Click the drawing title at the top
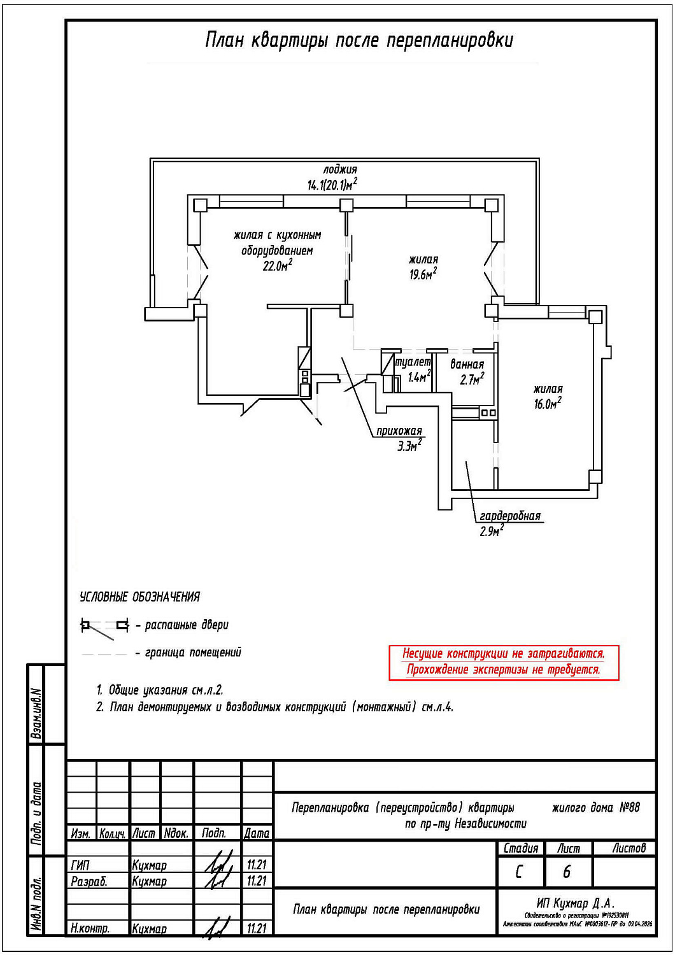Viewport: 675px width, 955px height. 359,40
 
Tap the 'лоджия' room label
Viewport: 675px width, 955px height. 340,169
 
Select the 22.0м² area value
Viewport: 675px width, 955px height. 277,266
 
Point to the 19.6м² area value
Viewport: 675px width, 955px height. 423,274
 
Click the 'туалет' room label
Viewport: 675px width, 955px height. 413,362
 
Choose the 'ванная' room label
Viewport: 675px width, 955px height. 467,364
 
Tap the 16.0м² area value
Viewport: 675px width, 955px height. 547,404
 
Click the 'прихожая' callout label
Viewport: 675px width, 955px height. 399,431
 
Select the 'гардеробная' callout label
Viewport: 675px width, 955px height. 509,516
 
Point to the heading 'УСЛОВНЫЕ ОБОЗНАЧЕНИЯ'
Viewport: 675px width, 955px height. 139,597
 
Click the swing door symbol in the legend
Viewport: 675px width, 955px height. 104,626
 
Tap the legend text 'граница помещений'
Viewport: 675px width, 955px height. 193,653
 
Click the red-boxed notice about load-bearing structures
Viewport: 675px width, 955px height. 504,662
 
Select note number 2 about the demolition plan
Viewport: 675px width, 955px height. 275,707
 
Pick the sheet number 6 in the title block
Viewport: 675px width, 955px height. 567,872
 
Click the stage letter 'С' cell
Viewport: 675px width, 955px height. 520,872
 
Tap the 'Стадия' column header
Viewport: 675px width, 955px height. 521,849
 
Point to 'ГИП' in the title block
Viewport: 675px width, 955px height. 81,865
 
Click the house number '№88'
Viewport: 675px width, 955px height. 629,807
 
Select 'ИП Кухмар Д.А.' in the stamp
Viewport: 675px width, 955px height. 576,903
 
